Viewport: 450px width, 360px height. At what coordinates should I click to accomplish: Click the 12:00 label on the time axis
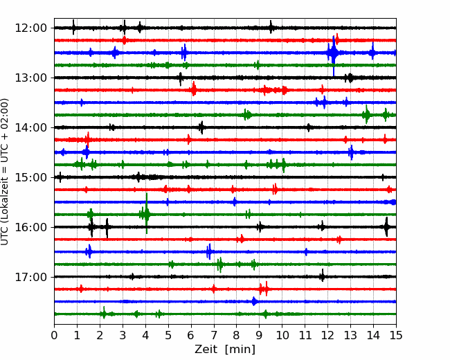tap(30, 28)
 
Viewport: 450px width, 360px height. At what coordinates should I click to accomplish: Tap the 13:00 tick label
tap(30, 78)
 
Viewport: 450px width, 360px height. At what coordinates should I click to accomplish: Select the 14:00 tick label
tap(30, 127)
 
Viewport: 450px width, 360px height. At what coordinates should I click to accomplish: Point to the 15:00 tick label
tap(30, 177)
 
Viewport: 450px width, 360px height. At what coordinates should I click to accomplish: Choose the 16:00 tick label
tap(30, 227)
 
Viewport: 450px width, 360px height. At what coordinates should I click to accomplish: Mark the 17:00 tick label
tap(30, 277)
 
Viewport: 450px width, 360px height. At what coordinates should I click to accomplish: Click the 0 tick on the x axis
tap(54, 335)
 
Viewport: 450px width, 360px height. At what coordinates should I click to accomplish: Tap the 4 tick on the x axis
tap(145, 335)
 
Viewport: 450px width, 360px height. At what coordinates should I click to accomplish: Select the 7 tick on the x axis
tap(214, 335)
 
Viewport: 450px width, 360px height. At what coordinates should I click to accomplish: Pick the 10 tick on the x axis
tap(282, 335)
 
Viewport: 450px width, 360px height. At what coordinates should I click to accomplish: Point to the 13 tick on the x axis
tap(350, 335)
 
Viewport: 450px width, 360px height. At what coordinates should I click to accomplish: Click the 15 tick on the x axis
tap(396, 335)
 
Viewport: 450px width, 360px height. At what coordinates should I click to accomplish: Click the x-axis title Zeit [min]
tap(225, 350)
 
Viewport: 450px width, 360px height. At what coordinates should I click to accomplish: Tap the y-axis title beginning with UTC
tap(5, 172)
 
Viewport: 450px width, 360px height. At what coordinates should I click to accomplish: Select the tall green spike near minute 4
tap(147, 213)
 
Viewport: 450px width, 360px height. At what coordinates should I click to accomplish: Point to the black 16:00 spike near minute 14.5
tap(386, 227)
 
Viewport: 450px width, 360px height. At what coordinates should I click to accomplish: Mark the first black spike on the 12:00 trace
tap(73, 27)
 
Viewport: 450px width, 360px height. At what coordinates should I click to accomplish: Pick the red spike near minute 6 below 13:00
tap(194, 89)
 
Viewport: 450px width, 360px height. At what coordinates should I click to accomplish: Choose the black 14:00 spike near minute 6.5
tap(201, 127)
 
